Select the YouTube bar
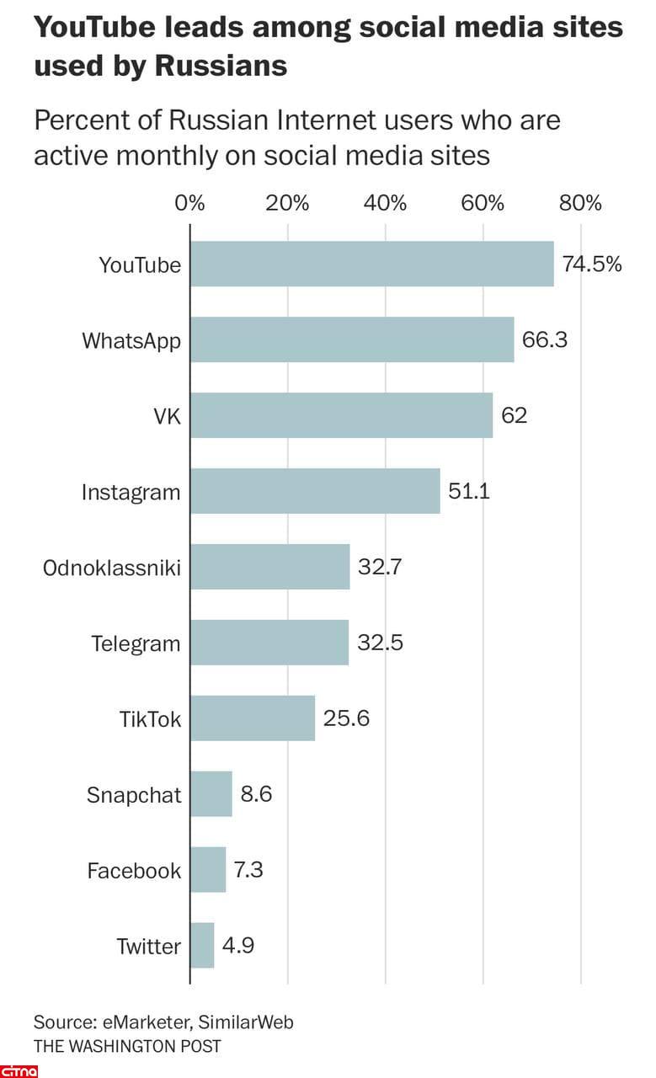click(371, 264)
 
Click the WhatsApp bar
click(352, 339)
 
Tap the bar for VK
click(341, 415)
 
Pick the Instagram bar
click(315, 491)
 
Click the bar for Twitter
click(202, 945)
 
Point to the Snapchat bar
click(211, 794)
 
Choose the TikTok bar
click(253, 718)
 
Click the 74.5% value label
click(592, 264)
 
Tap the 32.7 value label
click(380, 567)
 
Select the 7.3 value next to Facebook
click(249, 870)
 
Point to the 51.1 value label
click(469, 491)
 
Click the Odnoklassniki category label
click(112, 568)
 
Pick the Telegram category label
click(136, 643)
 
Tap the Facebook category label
click(134, 870)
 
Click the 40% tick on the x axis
click(386, 203)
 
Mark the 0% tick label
click(189, 203)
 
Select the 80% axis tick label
click(581, 203)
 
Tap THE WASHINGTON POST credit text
click(127, 1046)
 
